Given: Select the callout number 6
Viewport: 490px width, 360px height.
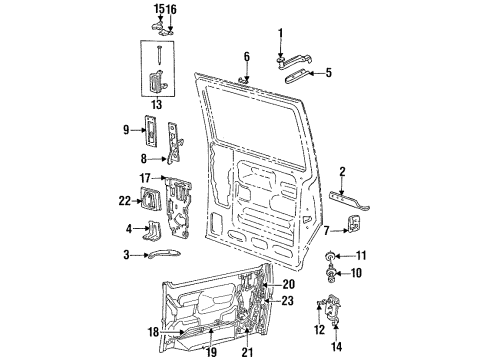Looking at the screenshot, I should [246, 56].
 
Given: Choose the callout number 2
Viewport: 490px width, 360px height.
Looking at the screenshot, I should [343, 171].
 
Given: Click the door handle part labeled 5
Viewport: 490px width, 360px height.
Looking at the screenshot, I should [301, 73].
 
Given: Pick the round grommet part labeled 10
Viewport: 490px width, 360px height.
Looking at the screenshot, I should [329, 271].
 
